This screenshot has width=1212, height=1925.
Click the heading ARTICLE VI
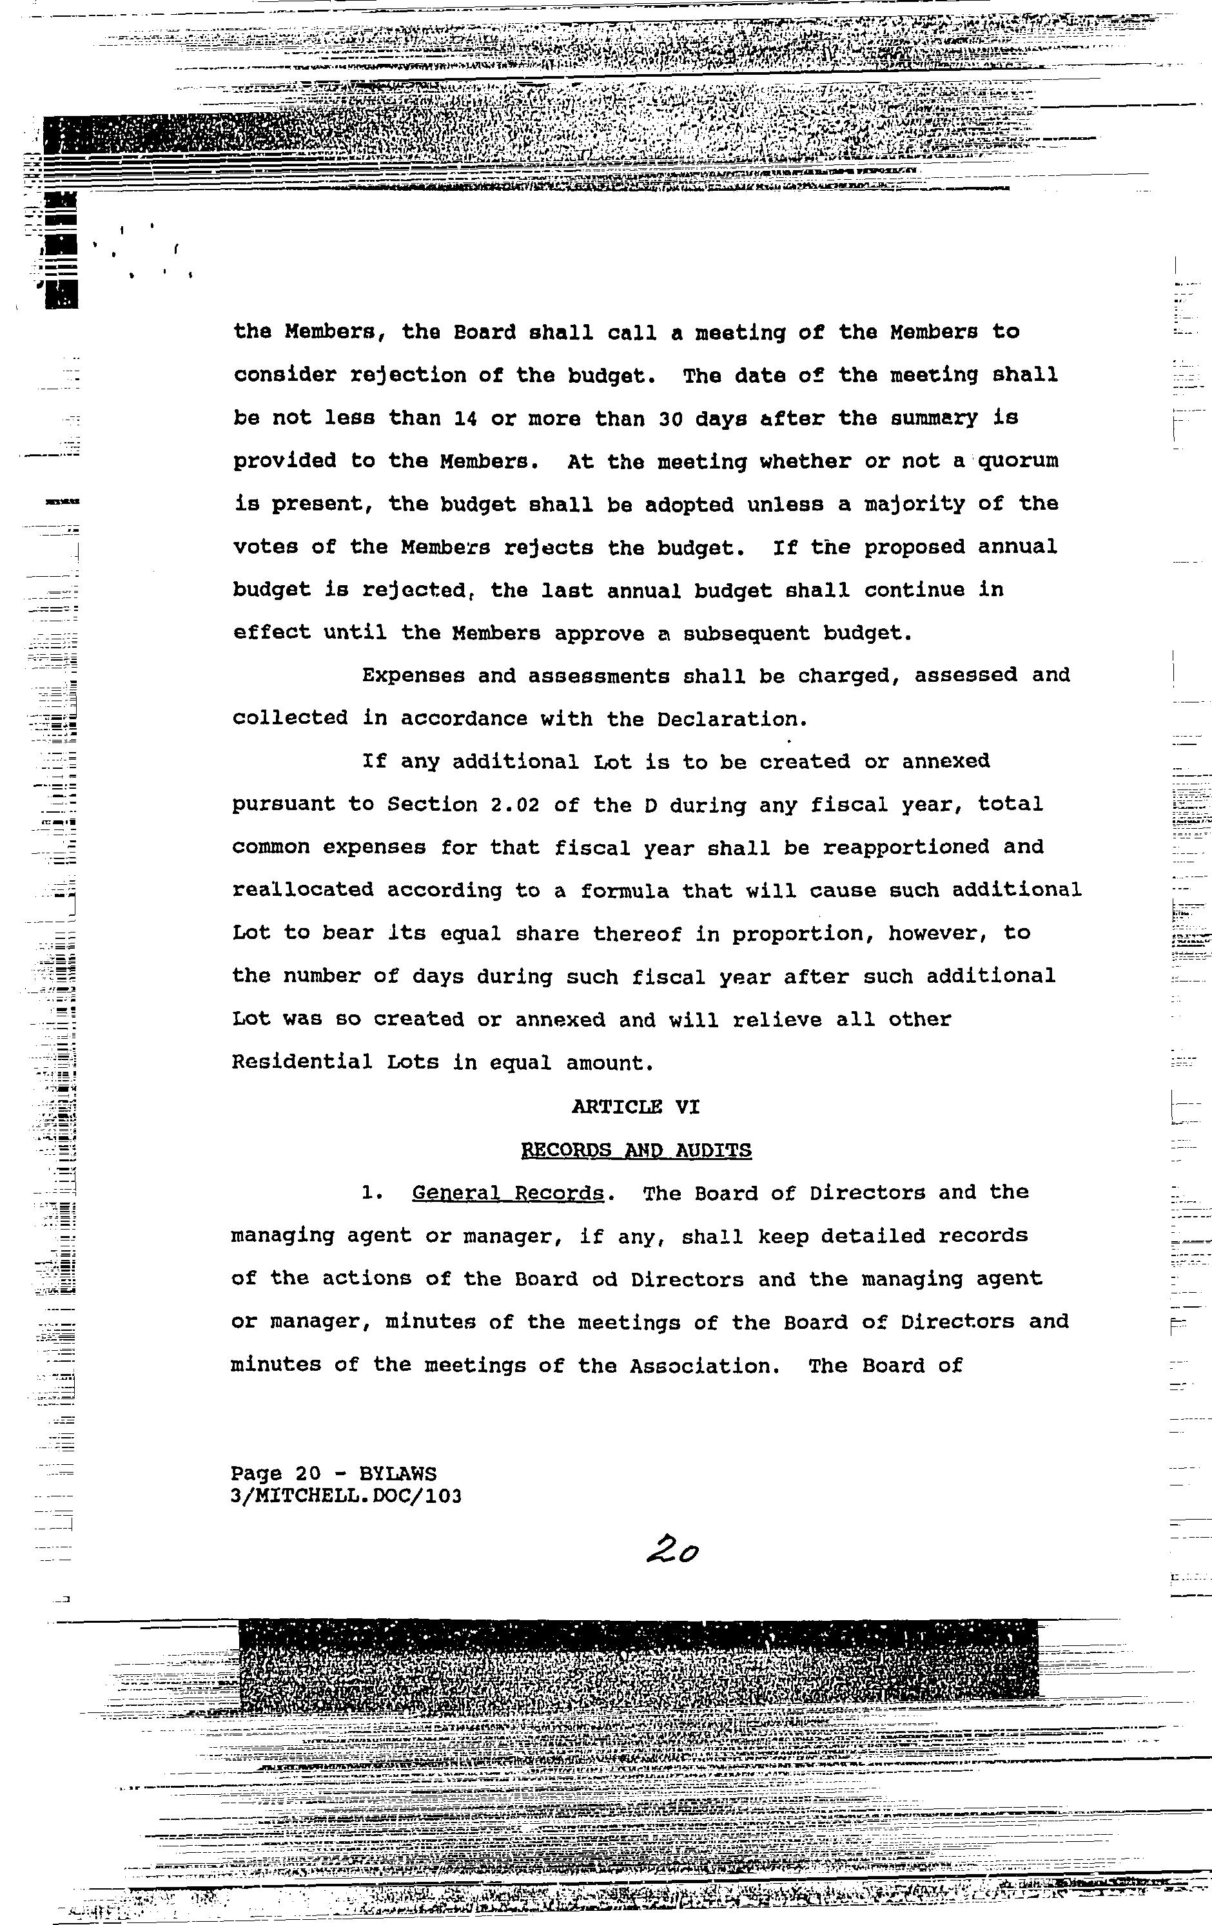pyautogui.click(x=636, y=1107)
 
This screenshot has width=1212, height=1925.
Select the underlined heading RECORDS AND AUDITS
pyautogui.click(x=636, y=1150)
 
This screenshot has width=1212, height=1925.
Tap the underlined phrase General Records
pyautogui.click(x=507, y=1193)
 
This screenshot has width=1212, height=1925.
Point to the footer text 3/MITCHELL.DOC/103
pyautogui.click(x=346, y=1496)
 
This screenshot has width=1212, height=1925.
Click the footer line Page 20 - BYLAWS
pyautogui.click(x=333, y=1473)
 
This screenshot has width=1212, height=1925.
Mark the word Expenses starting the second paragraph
pyautogui.click(x=413, y=675)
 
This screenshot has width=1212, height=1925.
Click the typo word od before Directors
pyautogui.click(x=605, y=1279)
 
